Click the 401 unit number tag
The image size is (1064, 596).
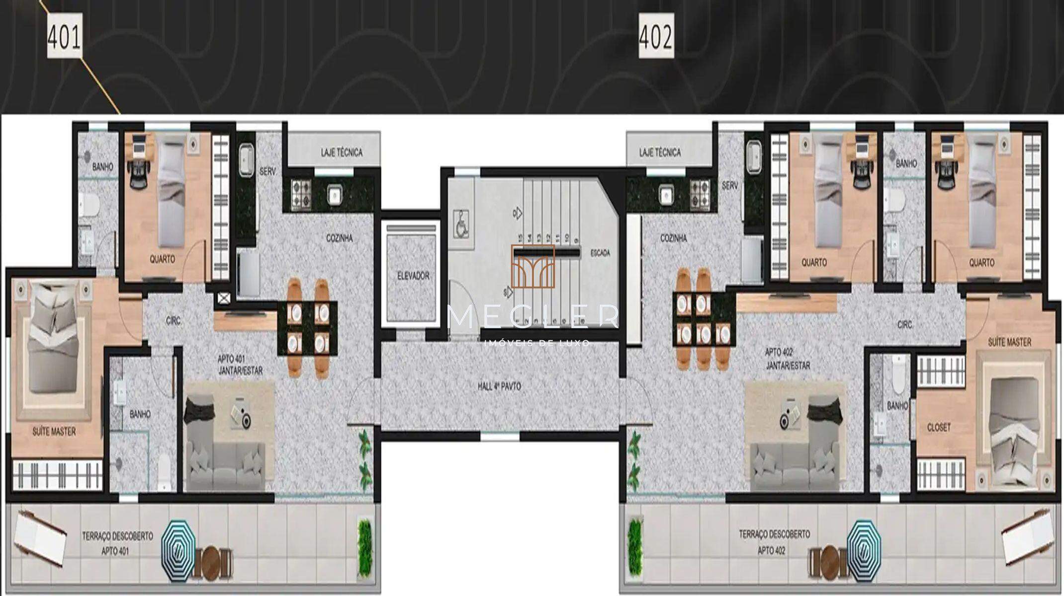[x=64, y=37]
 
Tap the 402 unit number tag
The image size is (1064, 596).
[x=656, y=37]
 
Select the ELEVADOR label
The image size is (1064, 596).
[x=413, y=276]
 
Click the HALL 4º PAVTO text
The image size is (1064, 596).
[x=499, y=386]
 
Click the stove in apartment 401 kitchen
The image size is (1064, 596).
[x=300, y=194]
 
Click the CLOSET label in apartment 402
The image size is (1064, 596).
[x=938, y=428]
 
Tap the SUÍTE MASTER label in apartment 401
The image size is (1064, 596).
[x=54, y=432]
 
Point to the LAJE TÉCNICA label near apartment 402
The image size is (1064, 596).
[x=660, y=152]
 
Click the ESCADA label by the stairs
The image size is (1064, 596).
[x=600, y=253]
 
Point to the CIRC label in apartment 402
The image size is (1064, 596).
[x=904, y=325]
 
